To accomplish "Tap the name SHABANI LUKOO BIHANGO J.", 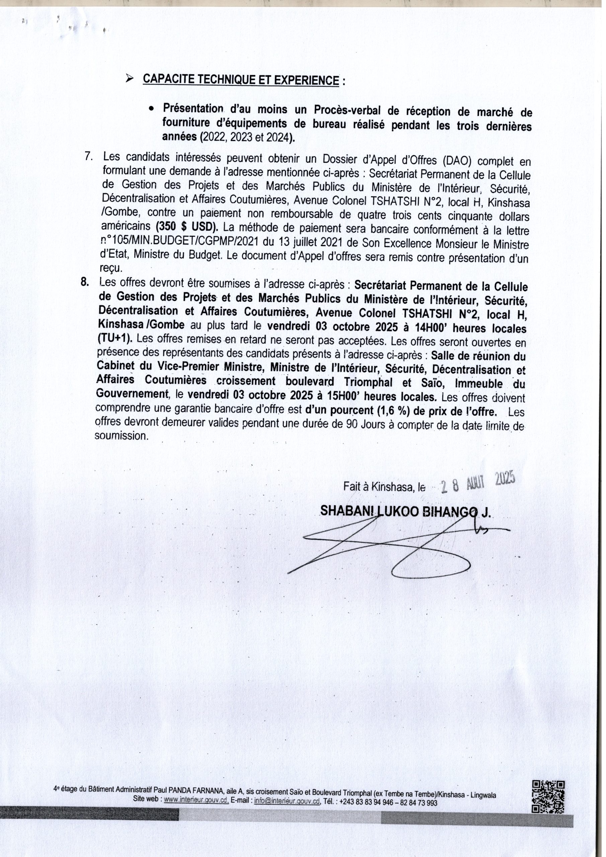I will coord(406,512).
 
